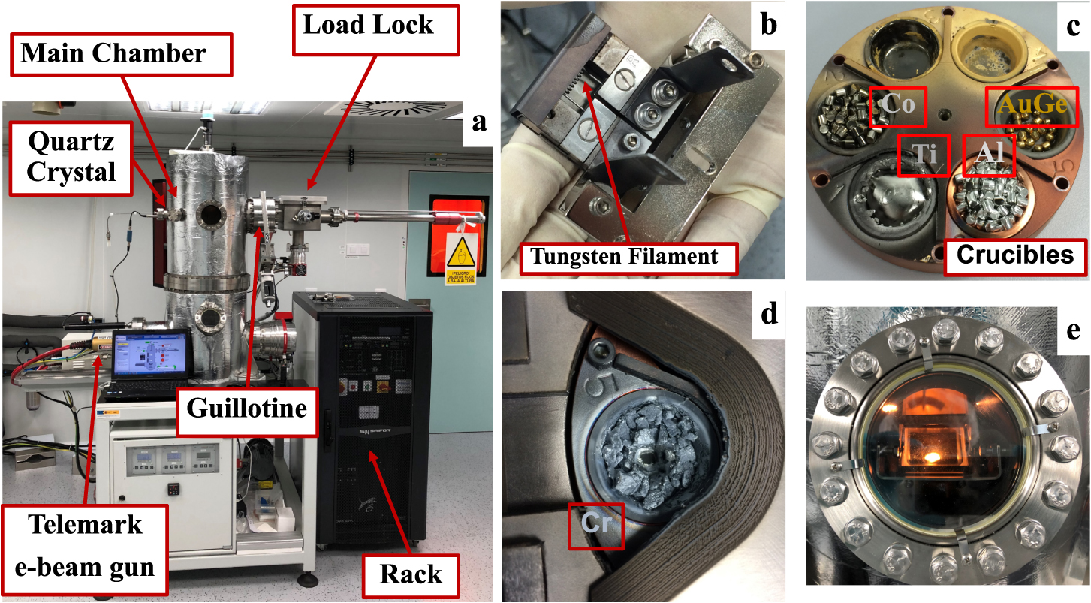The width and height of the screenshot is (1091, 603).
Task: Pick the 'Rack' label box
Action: pos(410,574)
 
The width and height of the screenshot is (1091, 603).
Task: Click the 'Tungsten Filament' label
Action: pos(624,257)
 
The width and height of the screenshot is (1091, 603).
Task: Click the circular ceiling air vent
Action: pos(381,109)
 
